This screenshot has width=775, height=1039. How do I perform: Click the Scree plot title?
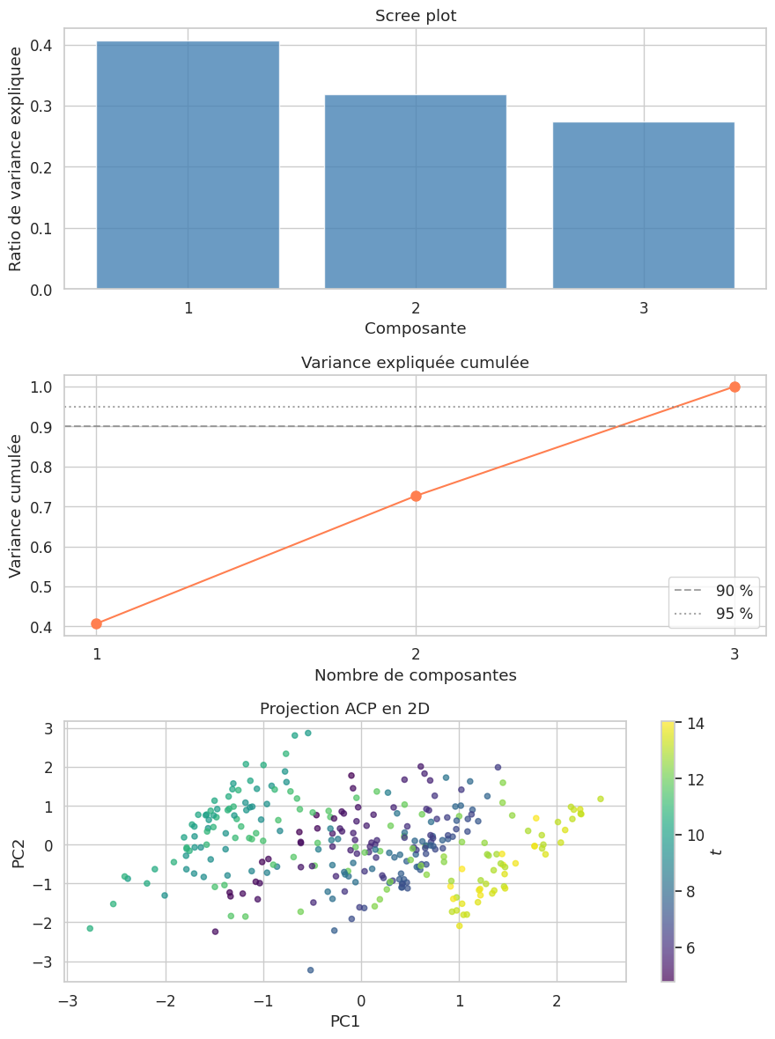tap(416, 16)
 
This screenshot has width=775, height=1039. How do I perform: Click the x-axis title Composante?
tap(416, 328)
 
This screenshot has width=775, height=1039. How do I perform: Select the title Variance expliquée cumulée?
tap(416, 363)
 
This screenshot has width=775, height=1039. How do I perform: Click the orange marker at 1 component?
tap(96, 624)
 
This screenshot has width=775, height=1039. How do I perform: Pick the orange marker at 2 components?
tap(416, 496)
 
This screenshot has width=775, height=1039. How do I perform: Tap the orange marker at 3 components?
tap(734, 387)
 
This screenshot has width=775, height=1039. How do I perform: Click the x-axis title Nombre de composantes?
tap(416, 675)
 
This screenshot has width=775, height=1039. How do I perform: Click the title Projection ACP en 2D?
tap(344, 710)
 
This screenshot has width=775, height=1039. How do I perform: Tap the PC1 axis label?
tap(344, 1021)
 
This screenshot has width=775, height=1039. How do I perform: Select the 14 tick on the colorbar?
tap(695, 724)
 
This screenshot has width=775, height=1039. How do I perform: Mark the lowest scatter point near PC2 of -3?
tap(311, 969)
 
